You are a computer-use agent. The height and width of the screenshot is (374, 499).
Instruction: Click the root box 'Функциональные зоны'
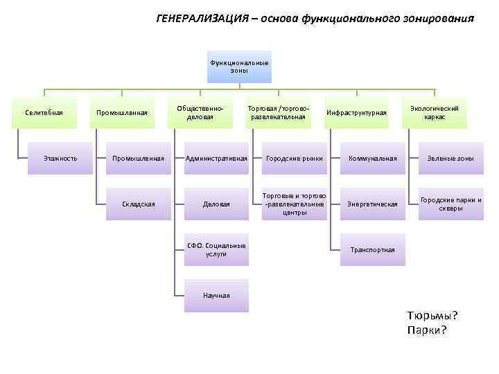click(239, 66)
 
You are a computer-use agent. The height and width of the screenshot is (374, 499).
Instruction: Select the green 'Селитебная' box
click(44, 113)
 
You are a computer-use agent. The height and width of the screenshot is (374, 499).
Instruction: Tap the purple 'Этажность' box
click(60, 159)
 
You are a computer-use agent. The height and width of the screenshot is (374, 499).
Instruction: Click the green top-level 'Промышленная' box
click(122, 113)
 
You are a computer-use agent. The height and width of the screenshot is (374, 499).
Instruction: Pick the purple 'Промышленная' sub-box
click(139, 159)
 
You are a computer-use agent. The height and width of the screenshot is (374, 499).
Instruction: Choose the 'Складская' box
click(139, 204)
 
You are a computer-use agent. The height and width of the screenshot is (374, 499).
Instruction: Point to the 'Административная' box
click(216, 159)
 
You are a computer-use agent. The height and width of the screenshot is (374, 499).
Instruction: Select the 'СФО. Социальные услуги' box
click(216, 250)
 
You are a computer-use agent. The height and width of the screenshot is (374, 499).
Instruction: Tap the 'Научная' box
click(216, 296)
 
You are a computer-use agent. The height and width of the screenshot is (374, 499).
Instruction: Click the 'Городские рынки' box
click(294, 159)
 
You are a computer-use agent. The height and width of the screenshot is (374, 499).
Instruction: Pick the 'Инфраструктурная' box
click(356, 113)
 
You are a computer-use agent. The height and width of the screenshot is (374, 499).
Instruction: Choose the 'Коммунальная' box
click(373, 159)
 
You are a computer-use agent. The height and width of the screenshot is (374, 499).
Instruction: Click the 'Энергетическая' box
click(373, 204)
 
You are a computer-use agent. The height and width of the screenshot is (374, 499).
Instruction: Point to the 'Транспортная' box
click(373, 250)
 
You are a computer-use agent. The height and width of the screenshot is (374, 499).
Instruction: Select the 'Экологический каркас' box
click(435, 113)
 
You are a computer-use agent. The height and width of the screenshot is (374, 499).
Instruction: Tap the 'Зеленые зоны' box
click(451, 159)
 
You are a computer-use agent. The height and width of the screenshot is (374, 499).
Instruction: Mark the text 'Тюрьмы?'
click(432, 316)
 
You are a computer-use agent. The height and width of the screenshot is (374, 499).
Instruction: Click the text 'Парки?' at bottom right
click(428, 330)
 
